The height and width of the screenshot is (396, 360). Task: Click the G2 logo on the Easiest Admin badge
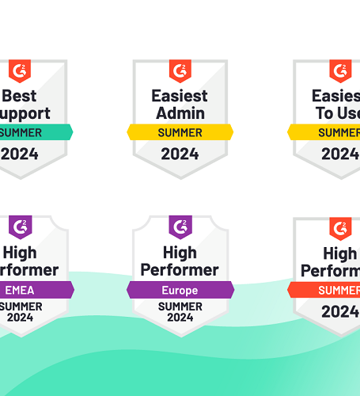coord(180,71)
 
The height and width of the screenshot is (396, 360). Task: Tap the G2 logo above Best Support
coord(20,71)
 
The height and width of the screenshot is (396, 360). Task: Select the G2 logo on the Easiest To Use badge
coord(340,71)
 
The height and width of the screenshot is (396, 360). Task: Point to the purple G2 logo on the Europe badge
coord(180,227)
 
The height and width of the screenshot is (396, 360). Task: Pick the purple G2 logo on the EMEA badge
coord(20,227)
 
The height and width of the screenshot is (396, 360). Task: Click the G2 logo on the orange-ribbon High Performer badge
coord(341,229)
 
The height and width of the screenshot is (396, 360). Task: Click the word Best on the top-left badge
coord(20,97)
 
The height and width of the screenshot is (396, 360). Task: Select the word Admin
coord(180,114)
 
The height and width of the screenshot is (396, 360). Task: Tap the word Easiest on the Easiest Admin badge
coord(180,96)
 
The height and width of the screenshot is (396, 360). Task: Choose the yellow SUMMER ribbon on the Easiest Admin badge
coord(180,132)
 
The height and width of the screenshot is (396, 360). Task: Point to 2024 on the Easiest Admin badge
coord(180,154)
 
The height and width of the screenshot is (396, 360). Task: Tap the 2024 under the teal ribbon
coord(20,154)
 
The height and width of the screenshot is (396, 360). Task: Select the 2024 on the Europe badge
coord(180,318)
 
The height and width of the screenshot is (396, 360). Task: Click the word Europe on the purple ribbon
coord(180,290)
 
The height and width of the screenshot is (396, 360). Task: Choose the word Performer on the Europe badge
coord(180,270)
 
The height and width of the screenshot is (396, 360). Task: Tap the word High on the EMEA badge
coord(20,253)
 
